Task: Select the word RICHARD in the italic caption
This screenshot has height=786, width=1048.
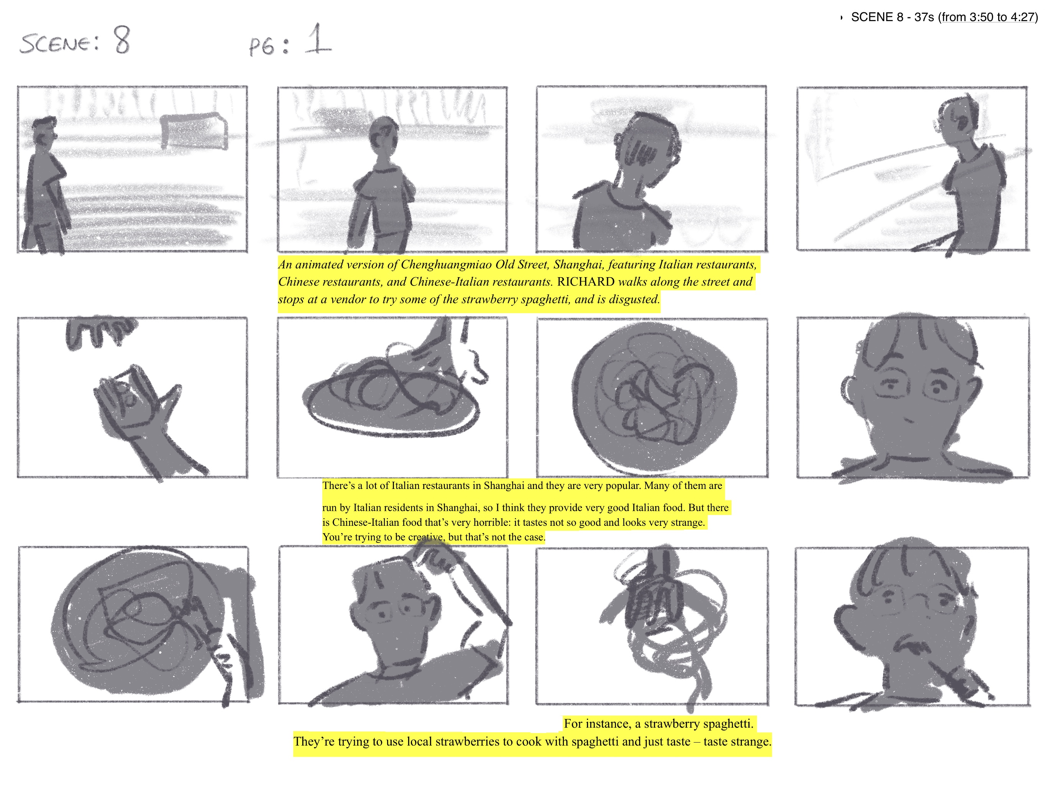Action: [586, 282]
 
